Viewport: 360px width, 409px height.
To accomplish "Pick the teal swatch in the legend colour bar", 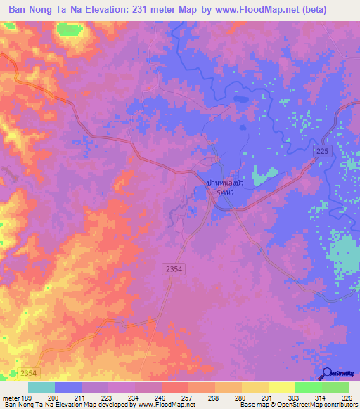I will (41, 387).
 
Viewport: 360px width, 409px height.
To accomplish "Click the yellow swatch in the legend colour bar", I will (281, 387).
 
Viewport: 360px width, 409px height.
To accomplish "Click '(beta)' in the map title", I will (330, 10).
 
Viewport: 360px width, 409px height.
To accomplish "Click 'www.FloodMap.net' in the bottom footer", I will (167, 405).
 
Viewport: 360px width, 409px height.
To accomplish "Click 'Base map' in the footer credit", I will (253, 405).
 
